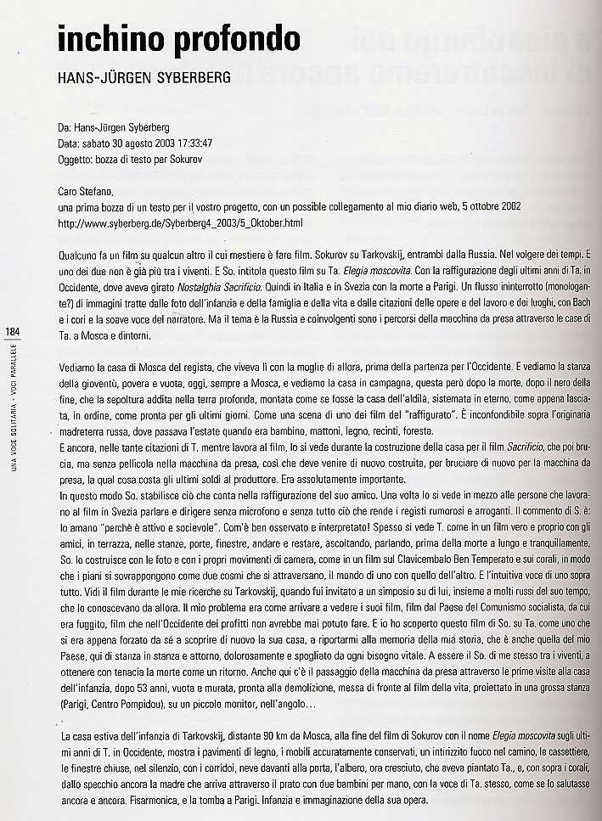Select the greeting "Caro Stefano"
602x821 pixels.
87,192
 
